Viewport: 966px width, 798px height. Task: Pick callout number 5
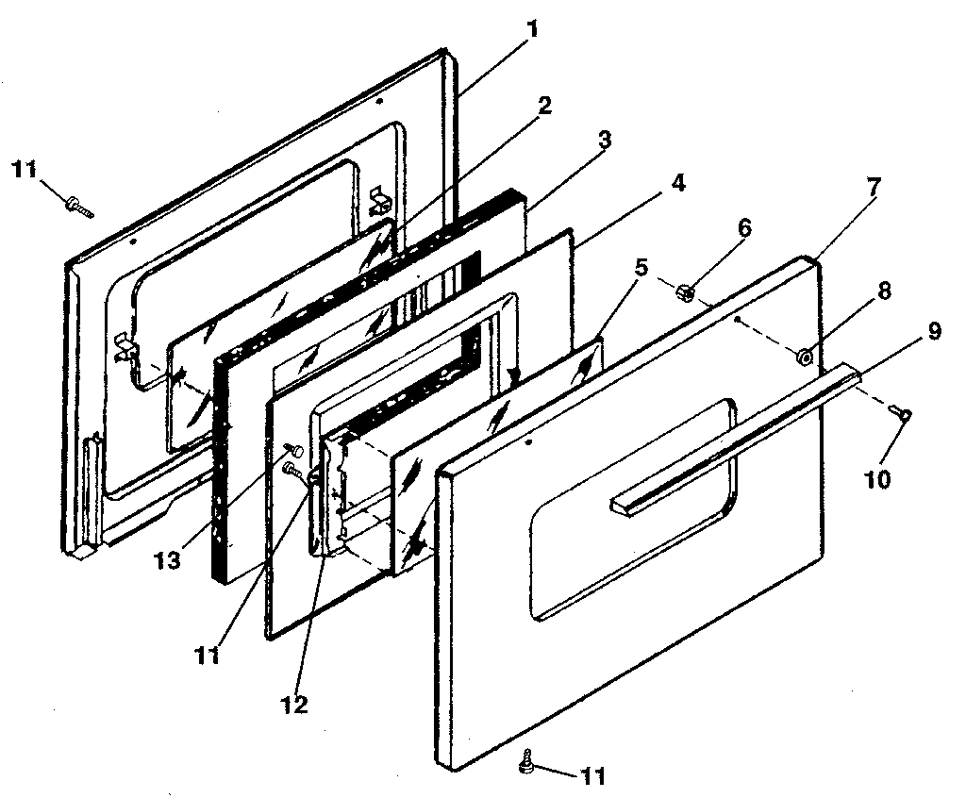[x=641, y=267]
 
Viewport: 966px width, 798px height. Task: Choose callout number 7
[x=874, y=187]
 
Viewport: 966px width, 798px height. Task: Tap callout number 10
[x=876, y=479]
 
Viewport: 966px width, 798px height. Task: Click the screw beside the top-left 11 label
[x=79, y=205]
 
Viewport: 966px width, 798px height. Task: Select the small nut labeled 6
[x=686, y=293]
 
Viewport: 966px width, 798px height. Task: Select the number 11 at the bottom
[x=591, y=777]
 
